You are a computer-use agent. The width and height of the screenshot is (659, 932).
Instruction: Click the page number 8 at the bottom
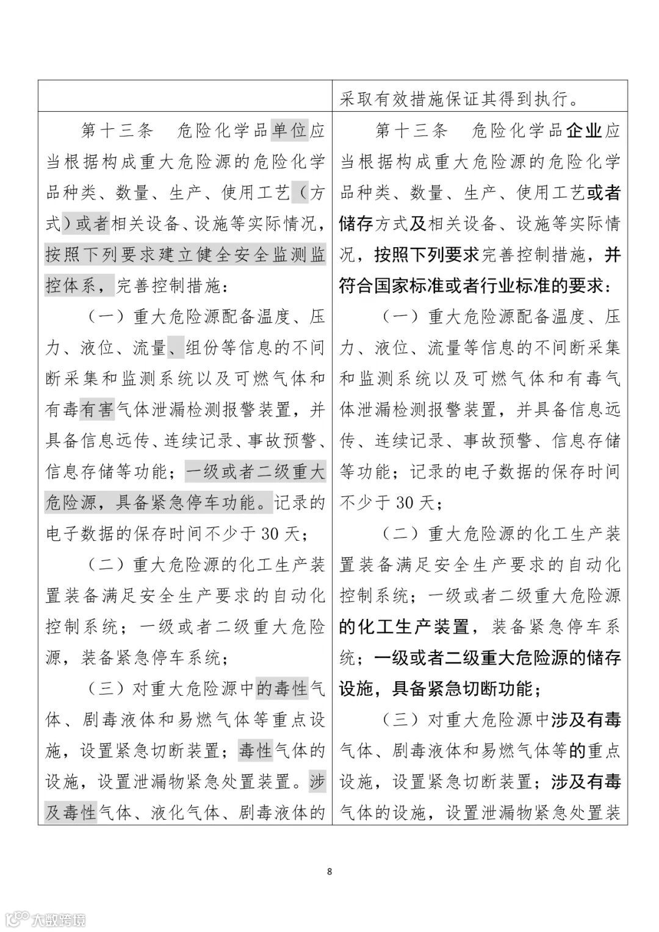329,871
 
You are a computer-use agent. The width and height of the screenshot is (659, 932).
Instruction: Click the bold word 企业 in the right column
585,131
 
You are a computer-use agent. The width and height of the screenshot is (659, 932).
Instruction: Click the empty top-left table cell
185,96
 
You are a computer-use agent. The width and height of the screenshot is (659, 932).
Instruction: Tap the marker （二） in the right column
397,534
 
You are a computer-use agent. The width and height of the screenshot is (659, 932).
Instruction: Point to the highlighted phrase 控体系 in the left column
71,286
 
